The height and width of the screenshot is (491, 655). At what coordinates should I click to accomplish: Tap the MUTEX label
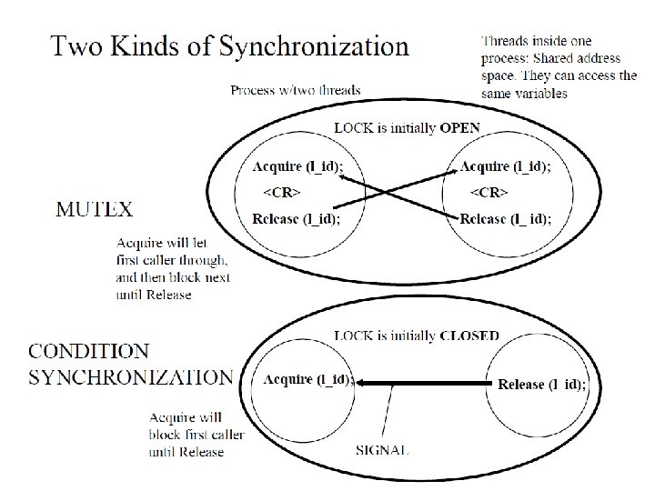[95, 209]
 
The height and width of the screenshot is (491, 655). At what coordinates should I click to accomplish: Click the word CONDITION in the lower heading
[91, 351]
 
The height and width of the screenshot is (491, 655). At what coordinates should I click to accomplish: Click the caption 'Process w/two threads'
[295, 91]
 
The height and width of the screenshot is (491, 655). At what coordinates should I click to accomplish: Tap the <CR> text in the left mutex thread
[282, 192]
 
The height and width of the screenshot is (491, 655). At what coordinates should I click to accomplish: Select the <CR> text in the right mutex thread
[489, 192]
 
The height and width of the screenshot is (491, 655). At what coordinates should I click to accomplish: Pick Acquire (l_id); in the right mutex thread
[505, 165]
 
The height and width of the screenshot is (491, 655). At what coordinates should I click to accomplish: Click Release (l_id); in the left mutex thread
[297, 218]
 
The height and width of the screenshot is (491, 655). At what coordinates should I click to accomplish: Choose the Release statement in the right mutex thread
[505, 219]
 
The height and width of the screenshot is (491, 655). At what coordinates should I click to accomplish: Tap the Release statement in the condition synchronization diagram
[542, 384]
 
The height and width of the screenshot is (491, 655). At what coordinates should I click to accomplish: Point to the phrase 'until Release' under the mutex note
[155, 296]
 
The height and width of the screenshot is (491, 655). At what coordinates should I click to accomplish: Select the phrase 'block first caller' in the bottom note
[196, 435]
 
